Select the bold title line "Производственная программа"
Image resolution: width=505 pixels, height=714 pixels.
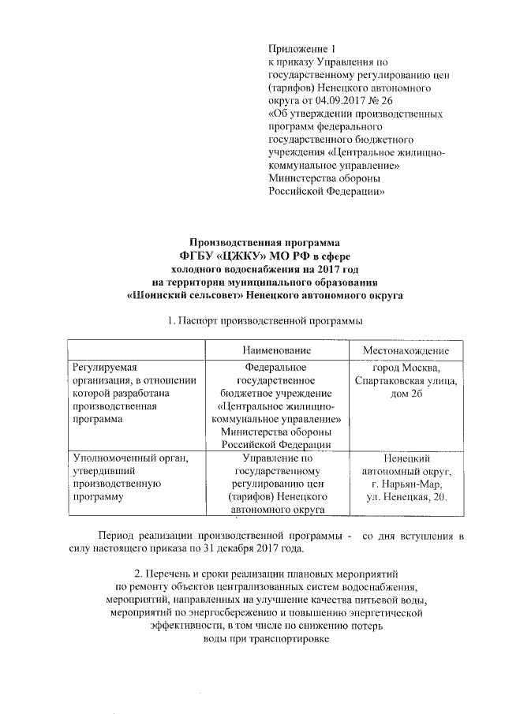click(264, 243)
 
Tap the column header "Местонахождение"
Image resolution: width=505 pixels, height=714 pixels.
click(406, 349)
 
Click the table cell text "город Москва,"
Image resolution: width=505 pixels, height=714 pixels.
click(406, 367)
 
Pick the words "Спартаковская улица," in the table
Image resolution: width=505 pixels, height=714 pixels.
click(406, 380)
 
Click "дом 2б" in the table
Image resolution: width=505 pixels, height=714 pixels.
click(406, 393)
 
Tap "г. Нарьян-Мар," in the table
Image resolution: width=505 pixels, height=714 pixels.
click(406, 484)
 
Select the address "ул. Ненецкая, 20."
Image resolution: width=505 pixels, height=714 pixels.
click(406, 497)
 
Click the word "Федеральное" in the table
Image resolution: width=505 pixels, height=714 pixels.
click(275, 367)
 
